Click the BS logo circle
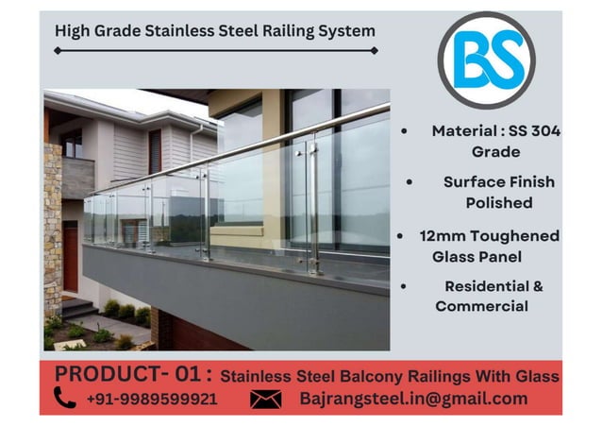coord(486,60)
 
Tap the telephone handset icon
coord(65,399)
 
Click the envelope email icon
coord(266,400)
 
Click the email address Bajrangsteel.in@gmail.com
coord(413,399)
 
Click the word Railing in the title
coord(280,30)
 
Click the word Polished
coord(498,202)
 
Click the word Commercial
coord(481,306)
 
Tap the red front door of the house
coord(71,256)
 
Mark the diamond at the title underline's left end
coord(57,50)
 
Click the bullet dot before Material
coord(405,132)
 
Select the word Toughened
coord(514,236)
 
